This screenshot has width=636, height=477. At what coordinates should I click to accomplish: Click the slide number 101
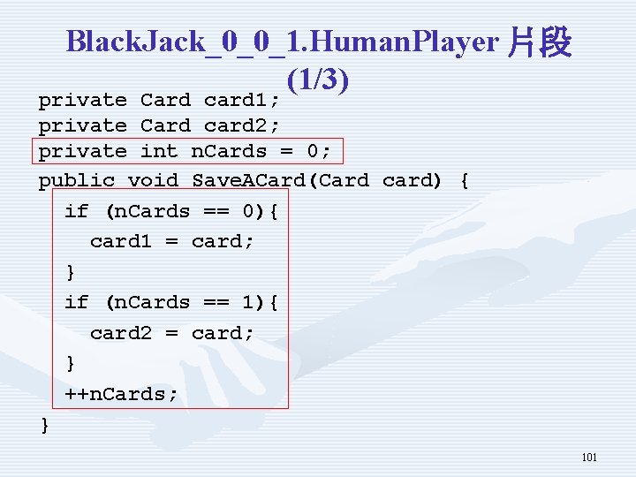(x=589, y=457)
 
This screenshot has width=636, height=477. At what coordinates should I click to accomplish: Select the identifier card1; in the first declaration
(x=242, y=100)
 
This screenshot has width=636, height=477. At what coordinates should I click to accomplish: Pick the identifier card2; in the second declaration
(x=242, y=125)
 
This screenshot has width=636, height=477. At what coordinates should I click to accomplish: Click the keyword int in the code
(x=159, y=151)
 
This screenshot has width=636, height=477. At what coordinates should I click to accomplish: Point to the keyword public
(x=76, y=181)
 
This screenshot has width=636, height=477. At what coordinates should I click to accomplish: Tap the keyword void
(x=153, y=181)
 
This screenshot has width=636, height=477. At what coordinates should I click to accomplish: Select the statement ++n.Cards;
(x=121, y=394)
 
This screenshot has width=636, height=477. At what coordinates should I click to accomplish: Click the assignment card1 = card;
(x=172, y=241)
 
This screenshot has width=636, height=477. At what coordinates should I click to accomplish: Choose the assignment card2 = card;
(x=172, y=333)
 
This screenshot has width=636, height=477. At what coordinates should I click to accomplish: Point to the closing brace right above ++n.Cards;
(x=71, y=363)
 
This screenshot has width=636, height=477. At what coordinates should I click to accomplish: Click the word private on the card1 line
(x=82, y=100)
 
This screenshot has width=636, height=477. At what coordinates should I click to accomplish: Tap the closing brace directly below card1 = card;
(x=71, y=272)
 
